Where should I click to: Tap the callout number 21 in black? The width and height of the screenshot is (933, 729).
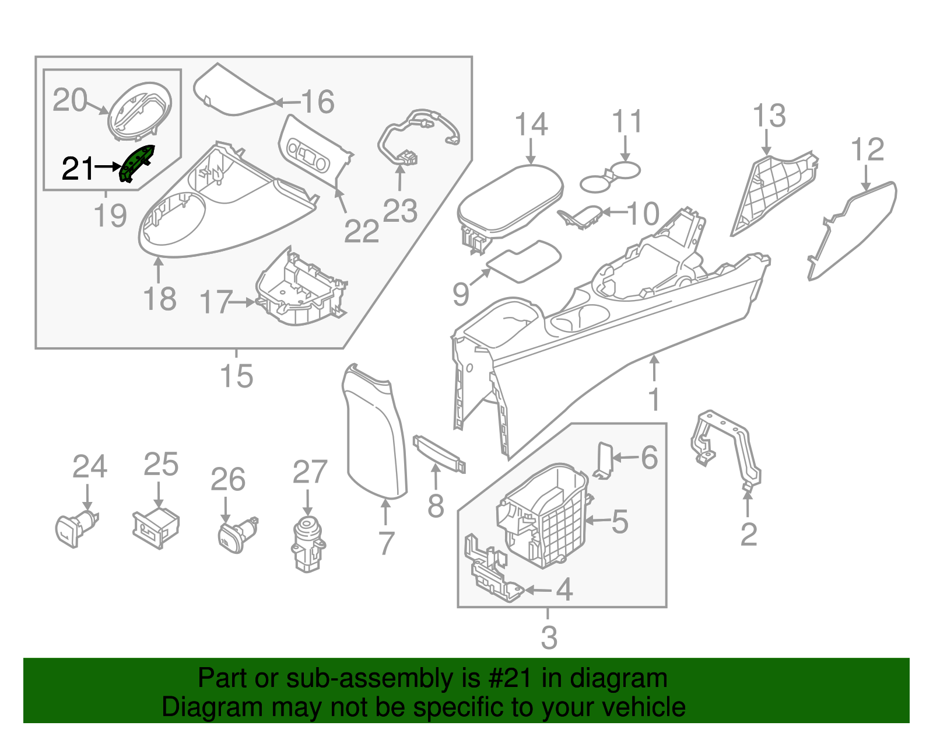(x=77, y=169)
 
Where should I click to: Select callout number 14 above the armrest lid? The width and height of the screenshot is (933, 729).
(x=531, y=125)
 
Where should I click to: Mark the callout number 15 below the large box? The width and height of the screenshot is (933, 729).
(x=236, y=376)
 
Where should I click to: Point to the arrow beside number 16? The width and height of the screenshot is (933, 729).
(x=286, y=103)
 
